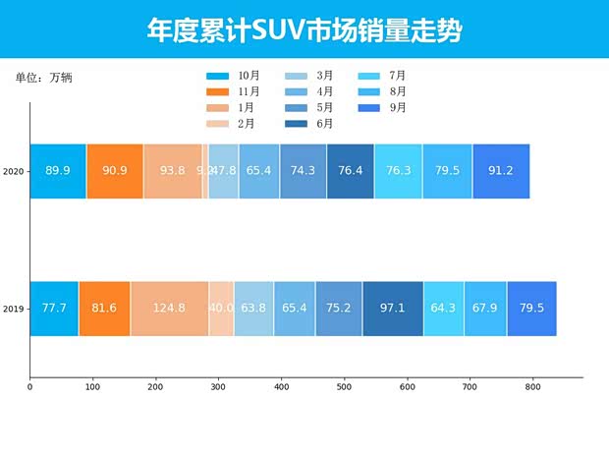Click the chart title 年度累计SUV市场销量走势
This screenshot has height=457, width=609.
tap(304, 30)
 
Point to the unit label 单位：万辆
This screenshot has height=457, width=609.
tap(43, 78)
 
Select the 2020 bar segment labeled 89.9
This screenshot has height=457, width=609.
tap(58, 171)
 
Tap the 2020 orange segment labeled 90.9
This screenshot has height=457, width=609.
tap(115, 171)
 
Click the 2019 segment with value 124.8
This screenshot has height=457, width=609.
tap(169, 309)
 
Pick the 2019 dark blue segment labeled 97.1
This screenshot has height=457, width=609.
tap(393, 309)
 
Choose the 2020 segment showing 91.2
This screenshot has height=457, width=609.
tap(501, 171)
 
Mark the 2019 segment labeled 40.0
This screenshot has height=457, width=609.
tap(221, 309)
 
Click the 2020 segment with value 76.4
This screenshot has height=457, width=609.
tap(351, 171)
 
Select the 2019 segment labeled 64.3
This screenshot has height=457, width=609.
tap(444, 309)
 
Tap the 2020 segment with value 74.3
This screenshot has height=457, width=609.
tap(304, 171)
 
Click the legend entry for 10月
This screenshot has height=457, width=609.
tap(234, 76)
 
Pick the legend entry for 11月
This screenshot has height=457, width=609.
tap(234, 91)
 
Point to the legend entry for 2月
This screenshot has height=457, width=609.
tap(234, 124)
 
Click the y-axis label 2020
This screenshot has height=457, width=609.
tap(14, 172)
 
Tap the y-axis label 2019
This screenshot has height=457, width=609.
tap(14, 310)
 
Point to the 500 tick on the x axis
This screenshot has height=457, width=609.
tap(344, 388)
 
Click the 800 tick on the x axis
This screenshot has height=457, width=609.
tap(532, 388)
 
